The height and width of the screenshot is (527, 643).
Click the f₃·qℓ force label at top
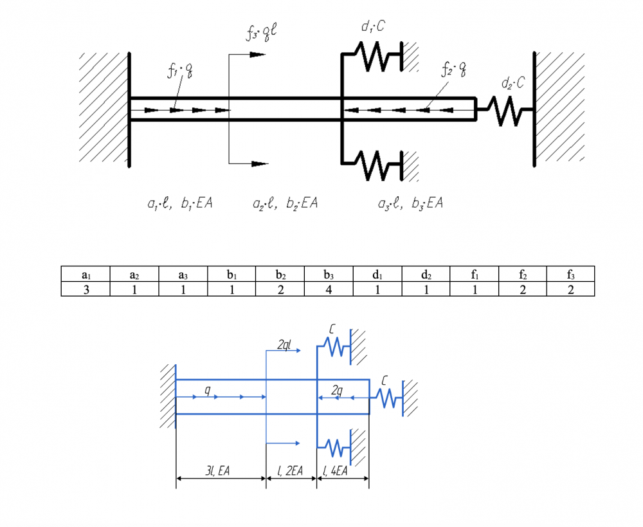[262, 33]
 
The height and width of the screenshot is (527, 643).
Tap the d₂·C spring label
[512, 83]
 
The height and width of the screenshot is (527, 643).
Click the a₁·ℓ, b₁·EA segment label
[179, 204]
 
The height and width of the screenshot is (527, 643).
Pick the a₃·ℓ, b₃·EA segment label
[411, 204]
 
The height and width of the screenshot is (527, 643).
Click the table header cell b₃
[329, 275]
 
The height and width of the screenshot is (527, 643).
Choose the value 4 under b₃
[329, 289]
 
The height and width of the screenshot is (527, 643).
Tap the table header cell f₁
[474, 275]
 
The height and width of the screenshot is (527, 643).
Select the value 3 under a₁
[86, 289]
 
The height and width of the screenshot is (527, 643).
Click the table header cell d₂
[426, 275]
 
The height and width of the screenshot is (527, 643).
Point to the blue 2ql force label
[284, 346]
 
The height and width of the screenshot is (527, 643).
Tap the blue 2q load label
[337, 390]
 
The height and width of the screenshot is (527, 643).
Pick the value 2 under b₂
[280, 289]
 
